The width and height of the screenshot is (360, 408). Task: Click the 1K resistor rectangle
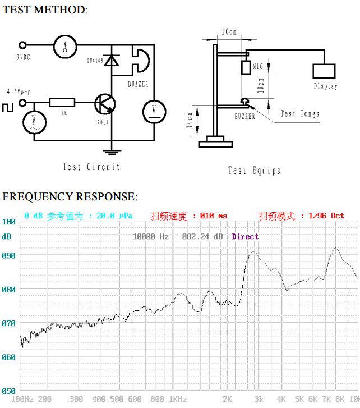click(x=62, y=102)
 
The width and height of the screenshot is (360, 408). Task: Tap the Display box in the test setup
click(x=324, y=71)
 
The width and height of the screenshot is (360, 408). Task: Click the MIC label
click(x=258, y=67)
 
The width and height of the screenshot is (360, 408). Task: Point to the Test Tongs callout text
click(x=299, y=114)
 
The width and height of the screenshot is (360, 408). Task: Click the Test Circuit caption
click(x=91, y=167)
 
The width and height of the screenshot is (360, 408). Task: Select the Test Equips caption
click(x=254, y=171)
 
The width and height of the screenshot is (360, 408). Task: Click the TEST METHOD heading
click(x=45, y=10)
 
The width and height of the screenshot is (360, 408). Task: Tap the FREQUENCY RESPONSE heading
click(x=69, y=196)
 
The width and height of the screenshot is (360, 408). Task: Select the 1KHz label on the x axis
click(x=178, y=399)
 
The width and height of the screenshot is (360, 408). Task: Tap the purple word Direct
click(x=245, y=237)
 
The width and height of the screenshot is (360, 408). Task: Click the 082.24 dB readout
click(x=202, y=237)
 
